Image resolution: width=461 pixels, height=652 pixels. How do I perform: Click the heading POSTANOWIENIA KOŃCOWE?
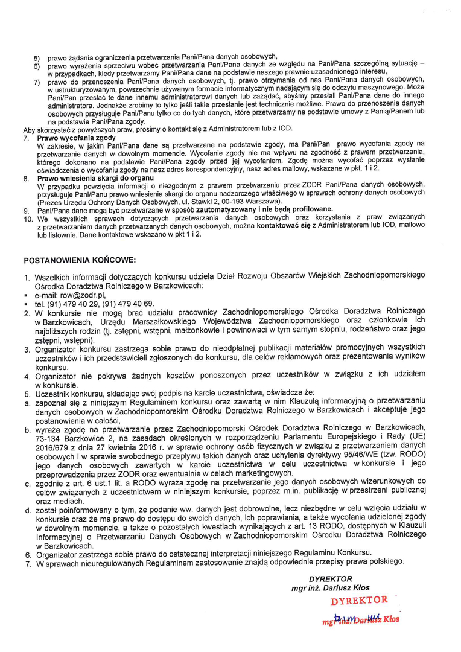tap(80, 260)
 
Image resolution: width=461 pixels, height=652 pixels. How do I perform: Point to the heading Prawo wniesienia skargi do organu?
tap(95, 179)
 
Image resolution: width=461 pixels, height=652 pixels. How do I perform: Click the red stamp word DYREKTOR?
tap(359, 601)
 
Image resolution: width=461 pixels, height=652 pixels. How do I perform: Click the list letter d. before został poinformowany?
tap(28, 510)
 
